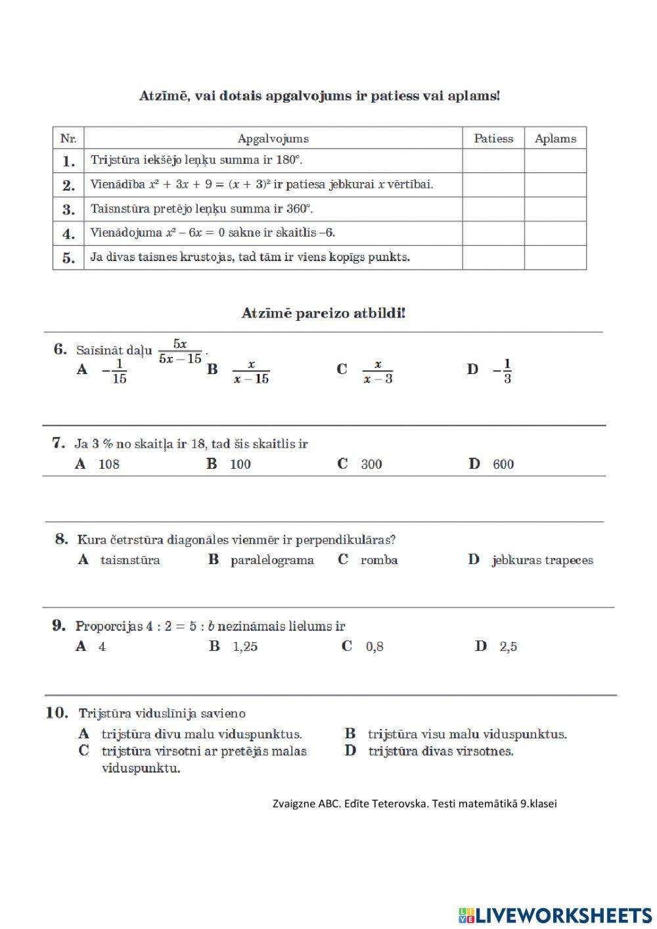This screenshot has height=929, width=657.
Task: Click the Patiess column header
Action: coord(493,139)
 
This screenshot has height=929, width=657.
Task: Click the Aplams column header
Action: coord(555,139)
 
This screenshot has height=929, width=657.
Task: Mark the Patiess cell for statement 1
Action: coord(493,160)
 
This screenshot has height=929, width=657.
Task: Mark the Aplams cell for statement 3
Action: coord(555,209)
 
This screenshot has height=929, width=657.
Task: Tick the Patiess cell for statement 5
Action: coord(493,257)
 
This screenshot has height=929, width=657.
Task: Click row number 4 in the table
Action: coord(68,233)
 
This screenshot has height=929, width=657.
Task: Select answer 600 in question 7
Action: coord(503,464)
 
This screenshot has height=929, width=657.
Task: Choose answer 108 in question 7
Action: coord(108,464)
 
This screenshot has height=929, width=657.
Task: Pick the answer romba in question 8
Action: coord(378,560)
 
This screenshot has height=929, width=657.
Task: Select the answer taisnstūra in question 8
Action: coord(130,560)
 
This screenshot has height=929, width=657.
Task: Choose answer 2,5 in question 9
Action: coord(508,647)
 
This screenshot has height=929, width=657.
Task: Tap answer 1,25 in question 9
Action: coord(245,647)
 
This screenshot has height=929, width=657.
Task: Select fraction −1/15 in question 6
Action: coord(115,371)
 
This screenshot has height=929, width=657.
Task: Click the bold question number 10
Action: coord(57,713)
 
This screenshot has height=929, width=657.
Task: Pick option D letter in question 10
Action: coord(350,751)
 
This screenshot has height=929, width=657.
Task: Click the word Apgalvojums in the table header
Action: coord(273,139)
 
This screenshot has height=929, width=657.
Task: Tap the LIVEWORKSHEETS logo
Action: coord(555,915)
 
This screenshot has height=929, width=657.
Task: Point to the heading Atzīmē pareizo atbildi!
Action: coord(323,313)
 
